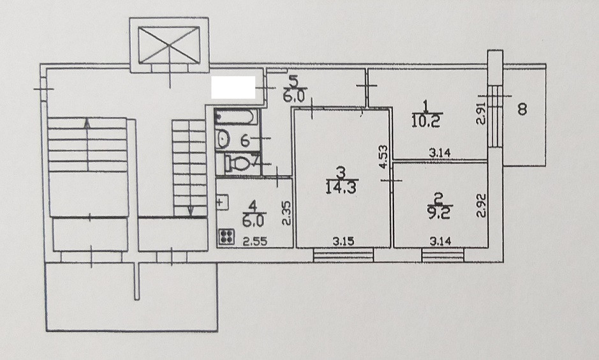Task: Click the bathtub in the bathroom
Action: pos(237,117)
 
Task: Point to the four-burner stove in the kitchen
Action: pos(226,237)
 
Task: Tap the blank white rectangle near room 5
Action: pos(233,87)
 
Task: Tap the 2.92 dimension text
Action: pos(482,207)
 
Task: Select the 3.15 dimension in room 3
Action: pos(344,241)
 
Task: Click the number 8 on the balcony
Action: pos(522,110)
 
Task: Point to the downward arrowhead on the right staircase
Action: pos(191,213)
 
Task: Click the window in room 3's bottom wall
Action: pos(343,255)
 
